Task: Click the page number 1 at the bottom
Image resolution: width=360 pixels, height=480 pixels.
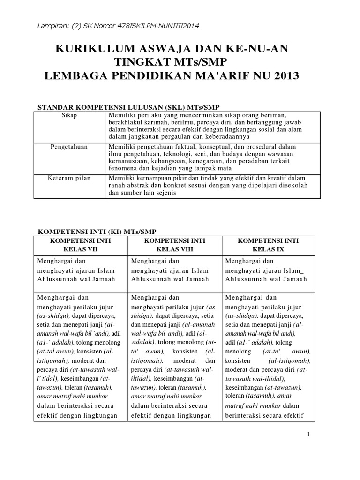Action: click(x=308, y=435)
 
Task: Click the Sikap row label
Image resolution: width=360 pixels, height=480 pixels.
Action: click(x=69, y=115)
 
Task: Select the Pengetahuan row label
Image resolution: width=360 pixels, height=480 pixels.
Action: click(x=69, y=147)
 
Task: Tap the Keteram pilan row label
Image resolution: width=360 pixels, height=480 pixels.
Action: click(x=69, y=178)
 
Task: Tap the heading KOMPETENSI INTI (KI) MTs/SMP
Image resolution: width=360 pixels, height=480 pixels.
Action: click(x=97, y=232)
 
